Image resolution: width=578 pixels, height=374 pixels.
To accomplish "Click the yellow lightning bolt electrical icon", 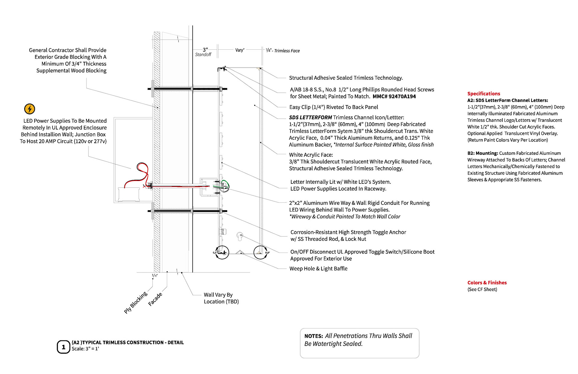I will pos(30,109).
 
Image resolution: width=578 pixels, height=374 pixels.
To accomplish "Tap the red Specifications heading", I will pos(483,94).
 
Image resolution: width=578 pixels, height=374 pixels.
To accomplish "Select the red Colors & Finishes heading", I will pos(487,282).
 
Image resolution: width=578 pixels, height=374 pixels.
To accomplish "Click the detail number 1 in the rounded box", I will pos(63,347).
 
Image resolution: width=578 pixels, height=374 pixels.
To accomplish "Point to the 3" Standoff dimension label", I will pos(204,52).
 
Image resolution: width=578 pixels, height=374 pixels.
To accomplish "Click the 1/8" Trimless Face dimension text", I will pos(283,51).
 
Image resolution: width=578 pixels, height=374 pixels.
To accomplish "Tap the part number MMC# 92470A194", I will pos(394,96).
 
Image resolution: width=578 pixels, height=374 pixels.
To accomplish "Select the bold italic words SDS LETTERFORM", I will pos(310,117).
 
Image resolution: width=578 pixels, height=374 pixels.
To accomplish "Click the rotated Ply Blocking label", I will pos(136,302).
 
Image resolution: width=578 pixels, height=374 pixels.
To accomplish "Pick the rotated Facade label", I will pos(155,299).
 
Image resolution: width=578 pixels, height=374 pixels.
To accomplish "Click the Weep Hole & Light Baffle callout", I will pos(318,269).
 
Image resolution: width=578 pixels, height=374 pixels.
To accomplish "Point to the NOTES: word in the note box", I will pos(313,336).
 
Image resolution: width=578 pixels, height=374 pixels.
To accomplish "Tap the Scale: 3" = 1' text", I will pos(85,349).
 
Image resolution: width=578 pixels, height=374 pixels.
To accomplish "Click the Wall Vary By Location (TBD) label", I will pos(221,298).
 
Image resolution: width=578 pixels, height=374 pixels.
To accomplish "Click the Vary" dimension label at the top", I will pos(240,50).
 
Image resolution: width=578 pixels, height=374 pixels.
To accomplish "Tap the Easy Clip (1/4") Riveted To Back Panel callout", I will pos(334,107).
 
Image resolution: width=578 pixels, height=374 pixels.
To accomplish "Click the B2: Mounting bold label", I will pos(483,153).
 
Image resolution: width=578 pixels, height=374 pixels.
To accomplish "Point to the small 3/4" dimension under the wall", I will pos(154,275).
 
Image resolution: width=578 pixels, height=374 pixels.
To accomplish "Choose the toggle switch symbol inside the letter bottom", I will pos(240,236).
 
